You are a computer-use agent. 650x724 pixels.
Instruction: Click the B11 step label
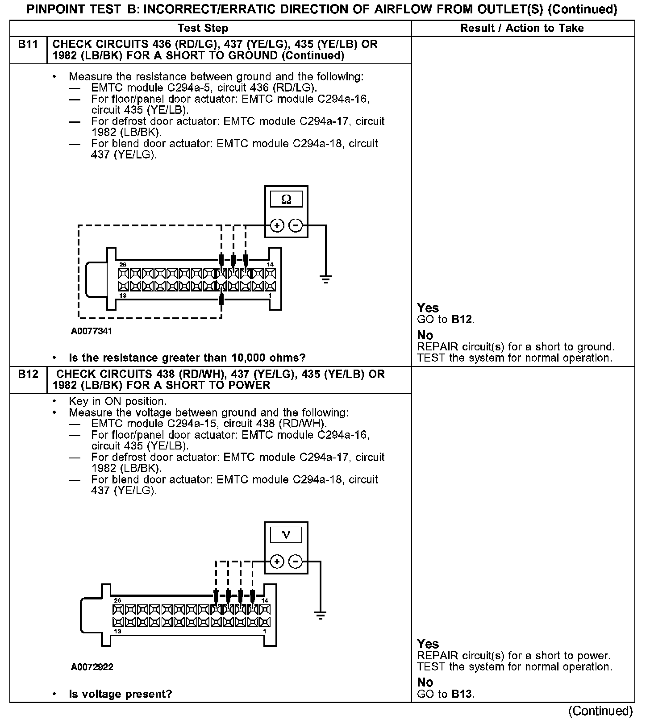click(28, 45)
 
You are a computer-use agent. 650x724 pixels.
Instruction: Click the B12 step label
click(28, 374)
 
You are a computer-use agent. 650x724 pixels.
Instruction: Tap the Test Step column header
click(203, 28)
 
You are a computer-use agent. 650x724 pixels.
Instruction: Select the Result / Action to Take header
click(522, 28)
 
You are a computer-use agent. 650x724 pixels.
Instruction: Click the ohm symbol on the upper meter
click(286, 200)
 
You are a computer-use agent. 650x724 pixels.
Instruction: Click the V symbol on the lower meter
click(286, 535)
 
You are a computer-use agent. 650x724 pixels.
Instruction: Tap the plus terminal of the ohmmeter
click(277, 226)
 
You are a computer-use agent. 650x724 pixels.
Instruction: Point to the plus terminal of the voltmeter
click(277, 562)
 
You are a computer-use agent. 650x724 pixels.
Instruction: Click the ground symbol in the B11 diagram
click(326, 279)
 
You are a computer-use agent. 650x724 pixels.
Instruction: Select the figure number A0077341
click(92, 331)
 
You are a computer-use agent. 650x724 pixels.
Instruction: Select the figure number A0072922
click(92, 667)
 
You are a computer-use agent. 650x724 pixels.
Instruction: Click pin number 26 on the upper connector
click(123, 265)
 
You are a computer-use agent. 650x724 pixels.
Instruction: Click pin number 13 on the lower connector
click(117, 632)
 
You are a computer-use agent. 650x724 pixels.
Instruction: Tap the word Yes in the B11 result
click(428, 308)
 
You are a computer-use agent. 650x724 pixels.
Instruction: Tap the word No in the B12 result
click(425, 682)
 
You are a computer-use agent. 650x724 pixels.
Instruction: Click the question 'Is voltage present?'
click(120, 694)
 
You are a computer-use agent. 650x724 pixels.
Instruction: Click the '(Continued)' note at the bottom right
click(601, 711)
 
